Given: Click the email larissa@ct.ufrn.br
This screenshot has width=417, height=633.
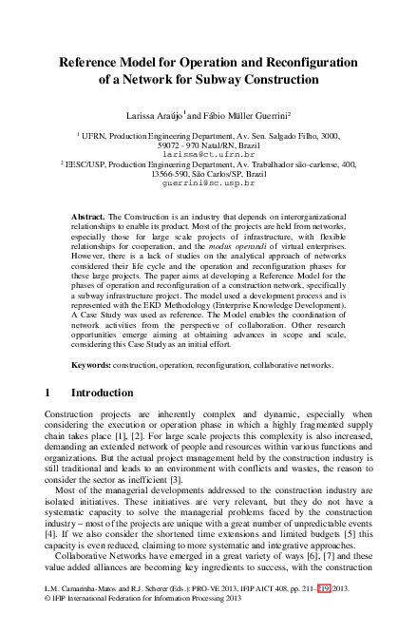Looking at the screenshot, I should point(208,152).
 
